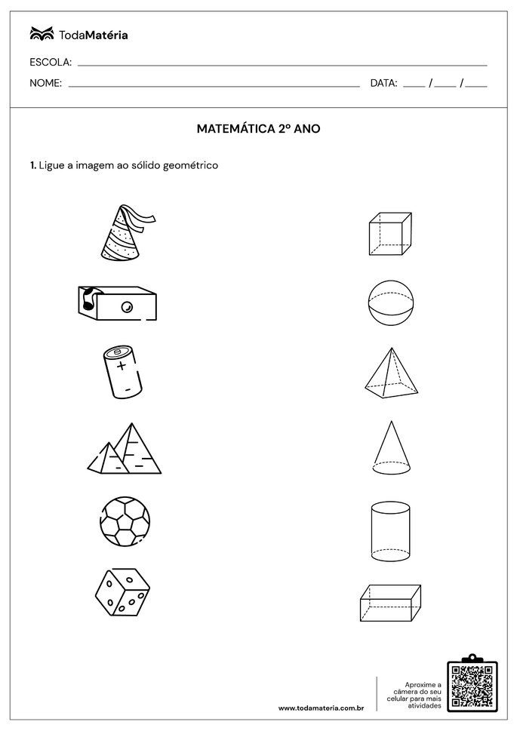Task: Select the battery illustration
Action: click(122, 372)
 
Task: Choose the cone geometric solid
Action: click(391, 448)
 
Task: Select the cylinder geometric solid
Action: click(390, 531)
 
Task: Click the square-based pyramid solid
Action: click(390, 373)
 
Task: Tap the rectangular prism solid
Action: click(390, 603)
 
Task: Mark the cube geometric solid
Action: click(389, 235)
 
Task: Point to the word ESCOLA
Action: click(51, 62)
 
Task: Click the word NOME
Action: click(45, 84)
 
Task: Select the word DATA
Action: click(383, 84)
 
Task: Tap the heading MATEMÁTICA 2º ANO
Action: click(258, 129)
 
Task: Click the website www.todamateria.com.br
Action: click(322, 708)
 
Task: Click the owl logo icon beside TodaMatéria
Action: click(42, 34)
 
